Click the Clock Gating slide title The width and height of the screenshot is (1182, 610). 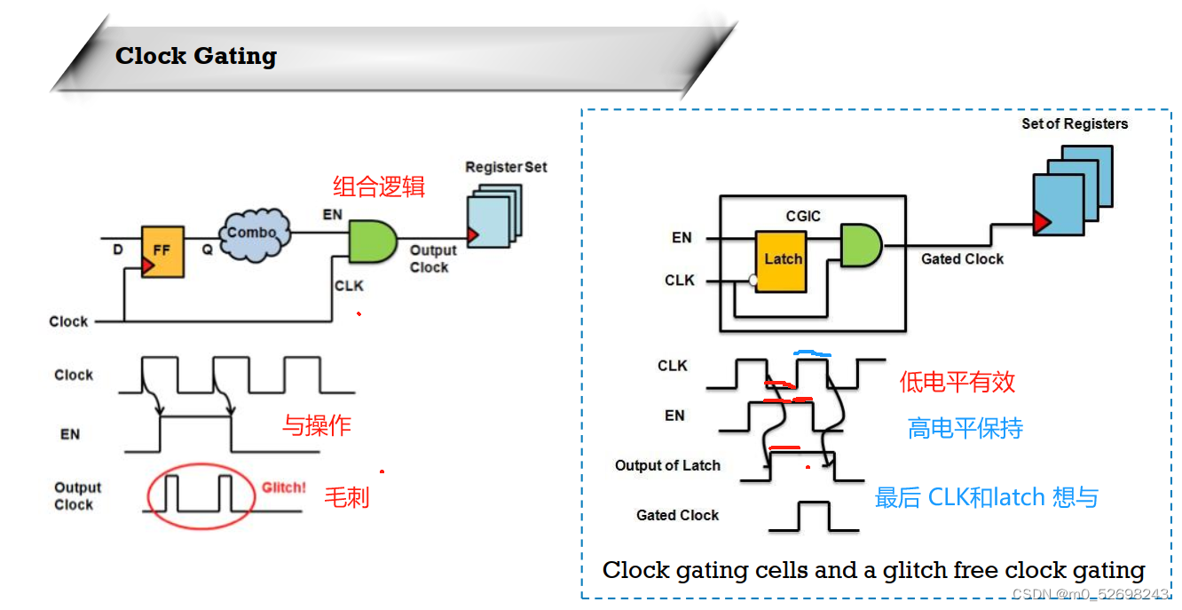click(x=196, y=56)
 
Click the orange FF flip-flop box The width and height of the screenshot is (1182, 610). click(x=163, y=251)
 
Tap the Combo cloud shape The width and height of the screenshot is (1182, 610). click(x=256, y=234)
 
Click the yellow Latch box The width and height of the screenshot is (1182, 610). click(x=782, y=261)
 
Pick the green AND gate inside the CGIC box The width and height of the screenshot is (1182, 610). click(x=860, y=245)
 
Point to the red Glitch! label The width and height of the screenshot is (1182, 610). click(x=284, y=487)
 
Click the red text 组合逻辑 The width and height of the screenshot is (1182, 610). click(x=379, y=186)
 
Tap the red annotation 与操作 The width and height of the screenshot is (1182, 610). click(x=317, y=425)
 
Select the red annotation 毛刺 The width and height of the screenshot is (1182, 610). click(x=346, y=496)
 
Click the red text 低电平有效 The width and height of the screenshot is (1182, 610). click(x=957, y=382)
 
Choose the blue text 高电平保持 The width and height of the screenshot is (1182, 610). click(x=965, y=429)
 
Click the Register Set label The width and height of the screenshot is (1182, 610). click(x=506, y=167)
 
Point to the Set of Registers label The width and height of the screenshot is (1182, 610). click(x=1075, y=123)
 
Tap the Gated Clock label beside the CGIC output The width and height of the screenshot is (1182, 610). click(x=962, y=259)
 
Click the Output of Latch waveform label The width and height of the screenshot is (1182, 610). click(x=667, y=465)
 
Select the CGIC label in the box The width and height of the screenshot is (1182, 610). click(x=803, y=216)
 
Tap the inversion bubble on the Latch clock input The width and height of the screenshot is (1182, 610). click(x=753, y=281)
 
